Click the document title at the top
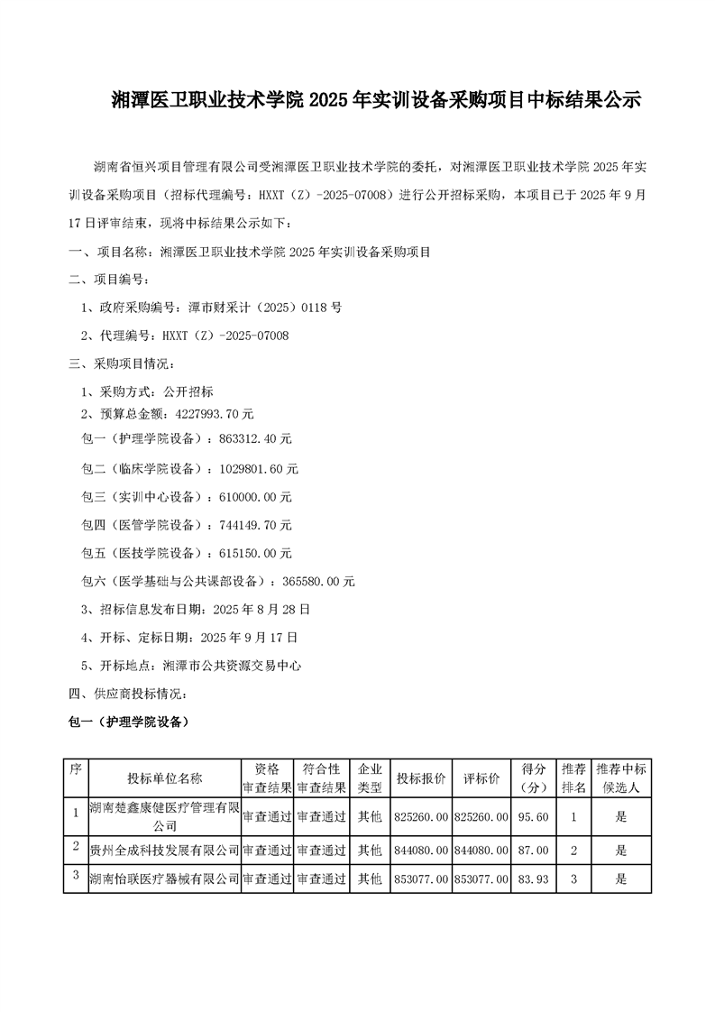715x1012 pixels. (x=375, y=100)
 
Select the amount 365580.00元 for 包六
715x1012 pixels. (x=316, y=582)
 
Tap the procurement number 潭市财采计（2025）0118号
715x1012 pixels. (x=254, y=308)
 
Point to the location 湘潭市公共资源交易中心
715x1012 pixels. (x=231, y=667)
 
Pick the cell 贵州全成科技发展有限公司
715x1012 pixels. (x=164, y=850)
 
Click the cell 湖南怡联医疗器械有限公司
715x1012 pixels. (x=164, y=879)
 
